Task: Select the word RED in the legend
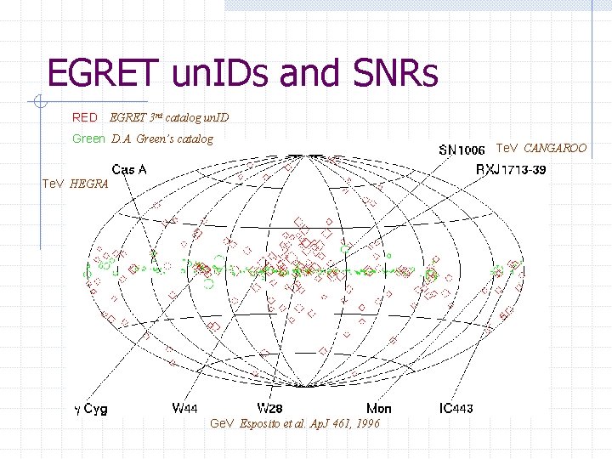(x=84, y=117)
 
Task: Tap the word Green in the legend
(x=88, y=138)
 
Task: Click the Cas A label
(x=128, y=169)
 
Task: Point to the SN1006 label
(x=462, y=150)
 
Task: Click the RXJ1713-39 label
(x=511, y=170)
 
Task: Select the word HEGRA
(x=89, y=183)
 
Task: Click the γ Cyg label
(x=91, y=410)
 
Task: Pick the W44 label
(x=184, y=409)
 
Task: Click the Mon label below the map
(x=379, y=409)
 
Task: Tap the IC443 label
(x=457, y=409)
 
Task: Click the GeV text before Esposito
(x=221, y=424)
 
